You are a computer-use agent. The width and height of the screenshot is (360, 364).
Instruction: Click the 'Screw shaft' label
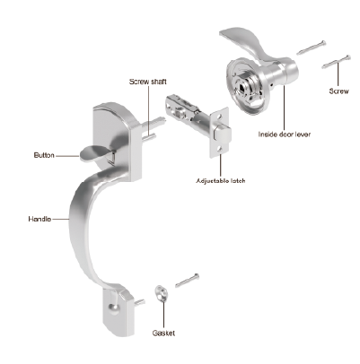tap(148, 82)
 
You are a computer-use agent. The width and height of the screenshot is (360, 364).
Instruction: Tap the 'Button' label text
tap(44, 155)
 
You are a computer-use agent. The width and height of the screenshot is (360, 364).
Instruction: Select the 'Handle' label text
tap(40, 219)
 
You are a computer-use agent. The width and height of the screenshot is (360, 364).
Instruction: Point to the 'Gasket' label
tap(163, 334)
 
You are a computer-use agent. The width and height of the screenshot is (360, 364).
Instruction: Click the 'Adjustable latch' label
tap(221, 181)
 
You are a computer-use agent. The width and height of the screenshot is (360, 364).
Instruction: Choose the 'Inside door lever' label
tap(285, 134)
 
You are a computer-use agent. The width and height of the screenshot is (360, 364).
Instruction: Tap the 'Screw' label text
tap(338, 91)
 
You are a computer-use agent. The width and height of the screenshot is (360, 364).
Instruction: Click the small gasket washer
tap(162, 293)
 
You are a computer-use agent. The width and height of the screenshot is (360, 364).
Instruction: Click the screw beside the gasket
tap(187, 281)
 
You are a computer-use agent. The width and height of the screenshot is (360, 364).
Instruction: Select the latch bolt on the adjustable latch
tap(222, 134)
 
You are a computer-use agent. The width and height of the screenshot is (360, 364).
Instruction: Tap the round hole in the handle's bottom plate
tap(112, 308)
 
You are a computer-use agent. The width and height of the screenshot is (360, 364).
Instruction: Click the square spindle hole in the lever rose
tap(241, 88)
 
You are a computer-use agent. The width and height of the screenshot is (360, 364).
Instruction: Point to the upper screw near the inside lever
tap(311, 48)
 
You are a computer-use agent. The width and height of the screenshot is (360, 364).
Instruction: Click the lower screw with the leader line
tap(336, 62)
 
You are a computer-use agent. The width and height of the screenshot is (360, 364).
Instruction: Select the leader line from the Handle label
tap(60, 219)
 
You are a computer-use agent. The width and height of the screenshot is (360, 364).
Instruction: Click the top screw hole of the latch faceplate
tap(220, 115)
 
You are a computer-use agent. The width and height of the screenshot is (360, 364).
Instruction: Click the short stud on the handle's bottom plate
tap(140, 302)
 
